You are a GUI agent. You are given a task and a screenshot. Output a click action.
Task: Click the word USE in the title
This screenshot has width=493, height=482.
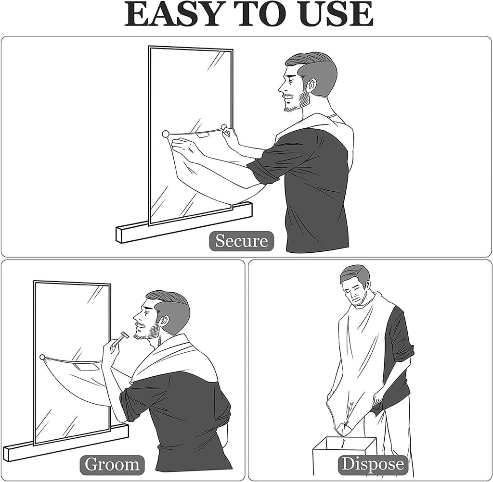click(336, 14)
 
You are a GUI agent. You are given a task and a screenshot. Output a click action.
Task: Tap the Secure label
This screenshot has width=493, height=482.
click(241, 241)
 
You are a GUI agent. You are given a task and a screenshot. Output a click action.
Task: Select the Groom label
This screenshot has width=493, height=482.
click(112, 464)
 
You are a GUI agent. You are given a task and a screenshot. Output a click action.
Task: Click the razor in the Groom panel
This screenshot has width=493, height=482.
click(119, 340)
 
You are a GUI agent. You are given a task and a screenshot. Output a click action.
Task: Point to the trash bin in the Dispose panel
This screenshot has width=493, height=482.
click(344, 457)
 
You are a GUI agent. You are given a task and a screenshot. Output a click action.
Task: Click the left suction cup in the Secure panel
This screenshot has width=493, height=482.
click(166, 134)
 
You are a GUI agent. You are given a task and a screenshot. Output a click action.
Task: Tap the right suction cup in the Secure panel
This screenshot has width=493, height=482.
click(224, 127)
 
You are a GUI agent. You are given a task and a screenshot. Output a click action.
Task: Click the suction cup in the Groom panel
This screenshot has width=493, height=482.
click(42, 357)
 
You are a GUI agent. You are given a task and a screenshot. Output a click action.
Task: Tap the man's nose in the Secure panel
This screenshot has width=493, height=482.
click(281, 88)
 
